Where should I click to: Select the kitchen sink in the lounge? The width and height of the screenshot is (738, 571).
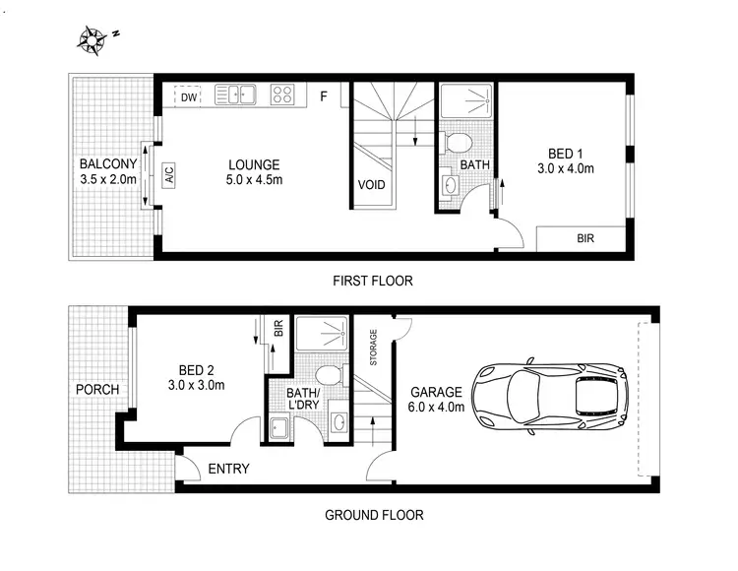pyautogui.click(x=235, y=95)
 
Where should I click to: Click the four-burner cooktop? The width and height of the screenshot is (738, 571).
pyautogui.click(x=283, y=95)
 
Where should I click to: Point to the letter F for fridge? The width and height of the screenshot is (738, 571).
pyautogui.click(x=324, y=95)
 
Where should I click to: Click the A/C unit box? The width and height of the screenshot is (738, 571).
pyautogui.click(x=169, y=177)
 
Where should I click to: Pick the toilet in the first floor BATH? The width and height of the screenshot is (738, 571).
pyautogui.click(x=456, y=143)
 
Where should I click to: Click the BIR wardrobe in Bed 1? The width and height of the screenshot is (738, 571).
pyautogui.click(x=584, y=238)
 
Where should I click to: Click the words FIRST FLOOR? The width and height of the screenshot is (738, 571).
pyautogui.click(x=373, y=281)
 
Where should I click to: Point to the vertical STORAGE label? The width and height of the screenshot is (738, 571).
pyautogui.click(x=373, y=348)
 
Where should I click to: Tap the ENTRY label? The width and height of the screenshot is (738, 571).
pyautogui.click(x=228, y=469)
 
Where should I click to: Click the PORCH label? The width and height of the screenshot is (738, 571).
pyautogui.click(x=97, y=390)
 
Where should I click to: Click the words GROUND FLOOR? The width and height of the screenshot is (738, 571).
pyautogui.click(x=374, y=514)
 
